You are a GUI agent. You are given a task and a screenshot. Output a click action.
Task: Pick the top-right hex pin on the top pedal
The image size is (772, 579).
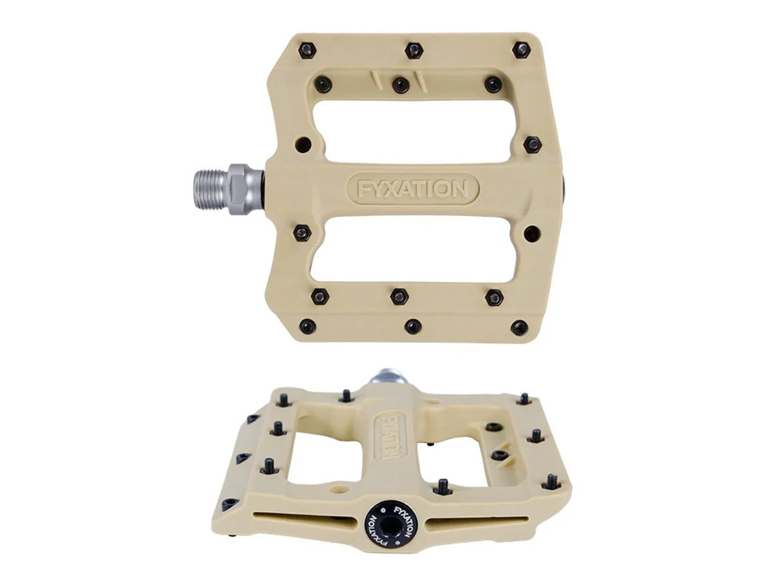pos(521,50)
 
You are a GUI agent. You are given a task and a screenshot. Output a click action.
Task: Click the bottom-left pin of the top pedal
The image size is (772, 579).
pos(307,327)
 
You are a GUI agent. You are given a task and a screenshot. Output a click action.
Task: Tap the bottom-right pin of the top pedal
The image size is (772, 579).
pos(519,327)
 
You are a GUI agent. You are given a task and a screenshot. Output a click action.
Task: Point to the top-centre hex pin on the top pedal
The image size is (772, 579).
pos(414,51)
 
